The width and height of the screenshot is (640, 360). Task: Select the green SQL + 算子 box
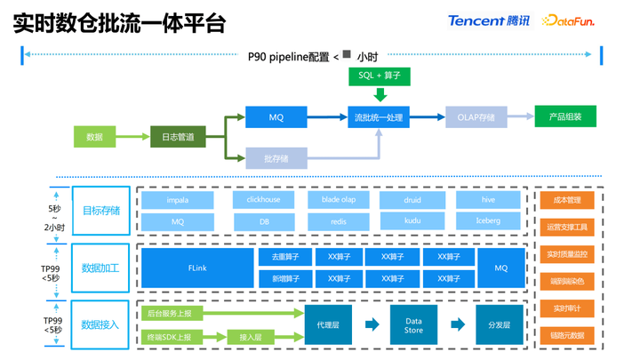(380, 76)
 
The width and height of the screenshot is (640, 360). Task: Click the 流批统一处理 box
(379, 117)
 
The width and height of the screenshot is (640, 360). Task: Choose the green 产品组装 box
(565, 117)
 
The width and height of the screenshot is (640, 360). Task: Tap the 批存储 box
(276, 159)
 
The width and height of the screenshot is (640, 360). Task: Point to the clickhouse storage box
(263, 200)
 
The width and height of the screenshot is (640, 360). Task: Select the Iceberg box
(488, 220)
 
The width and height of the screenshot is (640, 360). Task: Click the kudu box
(412, 220)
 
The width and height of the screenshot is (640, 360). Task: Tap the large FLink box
(197, 268)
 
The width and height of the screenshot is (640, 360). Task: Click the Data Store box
(413, 325)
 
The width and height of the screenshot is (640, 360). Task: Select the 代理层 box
(328, 325)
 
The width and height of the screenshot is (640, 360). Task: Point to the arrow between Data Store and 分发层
(456, 325)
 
